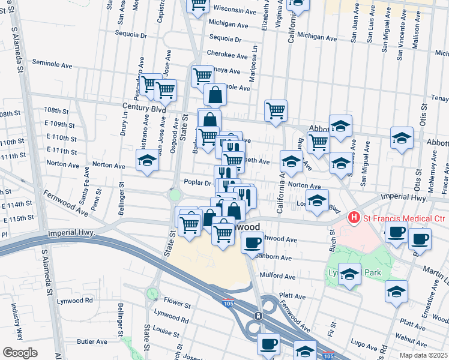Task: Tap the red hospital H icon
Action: click(355, 217)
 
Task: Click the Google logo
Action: click(20, 353)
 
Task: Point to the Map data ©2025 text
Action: click(423, 355)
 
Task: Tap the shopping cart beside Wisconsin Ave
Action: click(198, 5)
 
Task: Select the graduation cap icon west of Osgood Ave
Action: click(146, 160)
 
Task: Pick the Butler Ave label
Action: click(92, 341)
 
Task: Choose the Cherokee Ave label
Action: click(228, 56)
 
